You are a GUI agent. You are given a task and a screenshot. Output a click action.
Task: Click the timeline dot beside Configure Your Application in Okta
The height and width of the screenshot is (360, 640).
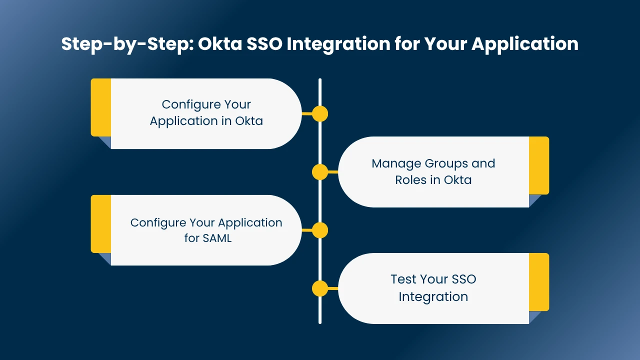pos(320,114)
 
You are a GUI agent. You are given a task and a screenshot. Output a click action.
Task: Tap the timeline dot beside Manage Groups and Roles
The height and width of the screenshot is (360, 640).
pos(320,172)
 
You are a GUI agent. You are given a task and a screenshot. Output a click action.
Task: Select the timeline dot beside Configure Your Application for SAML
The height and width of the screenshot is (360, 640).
pos(320,230)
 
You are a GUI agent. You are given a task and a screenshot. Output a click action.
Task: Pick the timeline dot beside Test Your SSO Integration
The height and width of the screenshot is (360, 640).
pos(320,288)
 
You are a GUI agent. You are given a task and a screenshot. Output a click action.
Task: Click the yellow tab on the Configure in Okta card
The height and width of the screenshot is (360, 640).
pos(101,107)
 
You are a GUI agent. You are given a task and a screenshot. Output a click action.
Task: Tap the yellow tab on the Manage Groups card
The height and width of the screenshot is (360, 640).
pos(539,165)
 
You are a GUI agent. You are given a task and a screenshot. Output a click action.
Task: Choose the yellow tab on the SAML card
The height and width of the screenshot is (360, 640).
pos(101,224)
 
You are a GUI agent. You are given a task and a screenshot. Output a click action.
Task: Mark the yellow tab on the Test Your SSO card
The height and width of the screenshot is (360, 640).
pos(539,282)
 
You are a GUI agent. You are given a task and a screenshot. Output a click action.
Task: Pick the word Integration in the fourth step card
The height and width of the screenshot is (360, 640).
pos(433,296)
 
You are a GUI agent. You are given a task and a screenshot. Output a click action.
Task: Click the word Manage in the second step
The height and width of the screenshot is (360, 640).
pos(396,163)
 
